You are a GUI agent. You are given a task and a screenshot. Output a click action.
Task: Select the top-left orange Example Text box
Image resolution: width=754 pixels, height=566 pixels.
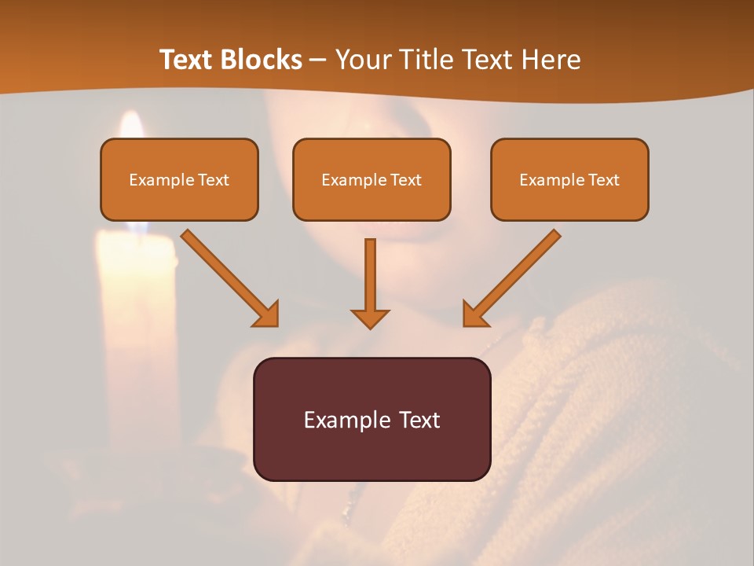tap(179, 179)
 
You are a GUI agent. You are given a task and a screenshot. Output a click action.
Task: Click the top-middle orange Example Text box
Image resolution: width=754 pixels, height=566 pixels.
tap(372, 179)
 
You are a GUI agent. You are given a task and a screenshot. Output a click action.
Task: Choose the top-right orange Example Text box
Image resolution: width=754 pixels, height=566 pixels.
tap(569, 179)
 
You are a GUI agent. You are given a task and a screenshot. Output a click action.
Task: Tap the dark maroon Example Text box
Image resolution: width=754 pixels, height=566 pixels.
tap(372, 419)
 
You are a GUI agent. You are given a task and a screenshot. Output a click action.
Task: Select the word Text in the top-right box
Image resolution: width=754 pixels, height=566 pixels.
tap(603, 180)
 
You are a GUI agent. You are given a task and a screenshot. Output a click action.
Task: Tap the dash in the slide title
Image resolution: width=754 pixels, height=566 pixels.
tap(318, 60)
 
